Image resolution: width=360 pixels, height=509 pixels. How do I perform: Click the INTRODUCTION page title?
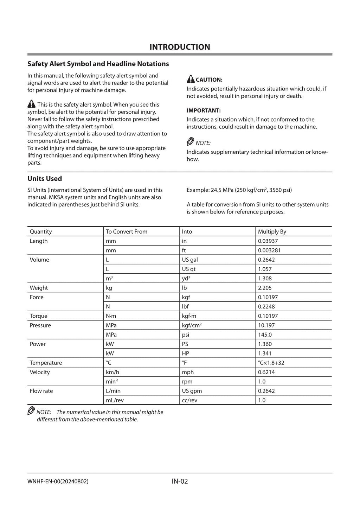[180, 47]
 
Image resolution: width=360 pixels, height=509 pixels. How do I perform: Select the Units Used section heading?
[45, 178]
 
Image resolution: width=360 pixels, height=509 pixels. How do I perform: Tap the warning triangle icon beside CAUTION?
[191, 79]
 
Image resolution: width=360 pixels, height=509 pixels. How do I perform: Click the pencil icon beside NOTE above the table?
[190, 142]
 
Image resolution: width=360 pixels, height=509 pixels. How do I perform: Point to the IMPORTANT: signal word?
[204, 110]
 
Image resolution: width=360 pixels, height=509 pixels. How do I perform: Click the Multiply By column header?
[272, 231]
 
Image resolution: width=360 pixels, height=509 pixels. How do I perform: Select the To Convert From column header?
[127, 231]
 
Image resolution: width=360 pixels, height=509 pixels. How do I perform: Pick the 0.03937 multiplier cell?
[268, 241]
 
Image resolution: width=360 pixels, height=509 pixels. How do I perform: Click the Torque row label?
[39, 316]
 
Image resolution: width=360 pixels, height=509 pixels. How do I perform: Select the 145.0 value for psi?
[265, 335]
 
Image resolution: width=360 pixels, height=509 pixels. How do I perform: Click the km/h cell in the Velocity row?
[112, 372]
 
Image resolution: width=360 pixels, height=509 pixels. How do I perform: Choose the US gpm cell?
[192, 391]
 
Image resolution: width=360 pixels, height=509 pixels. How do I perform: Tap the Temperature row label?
[46, 363]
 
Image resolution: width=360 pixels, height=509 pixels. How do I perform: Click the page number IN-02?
[180, 481]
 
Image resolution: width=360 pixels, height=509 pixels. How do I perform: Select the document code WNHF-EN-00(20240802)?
[58, 482]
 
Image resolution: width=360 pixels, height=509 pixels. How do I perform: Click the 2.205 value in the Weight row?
[265, 288]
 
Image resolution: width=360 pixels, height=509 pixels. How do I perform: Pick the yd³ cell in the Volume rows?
[186, 278]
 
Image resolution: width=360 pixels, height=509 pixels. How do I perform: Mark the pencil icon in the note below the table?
[31, 411]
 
